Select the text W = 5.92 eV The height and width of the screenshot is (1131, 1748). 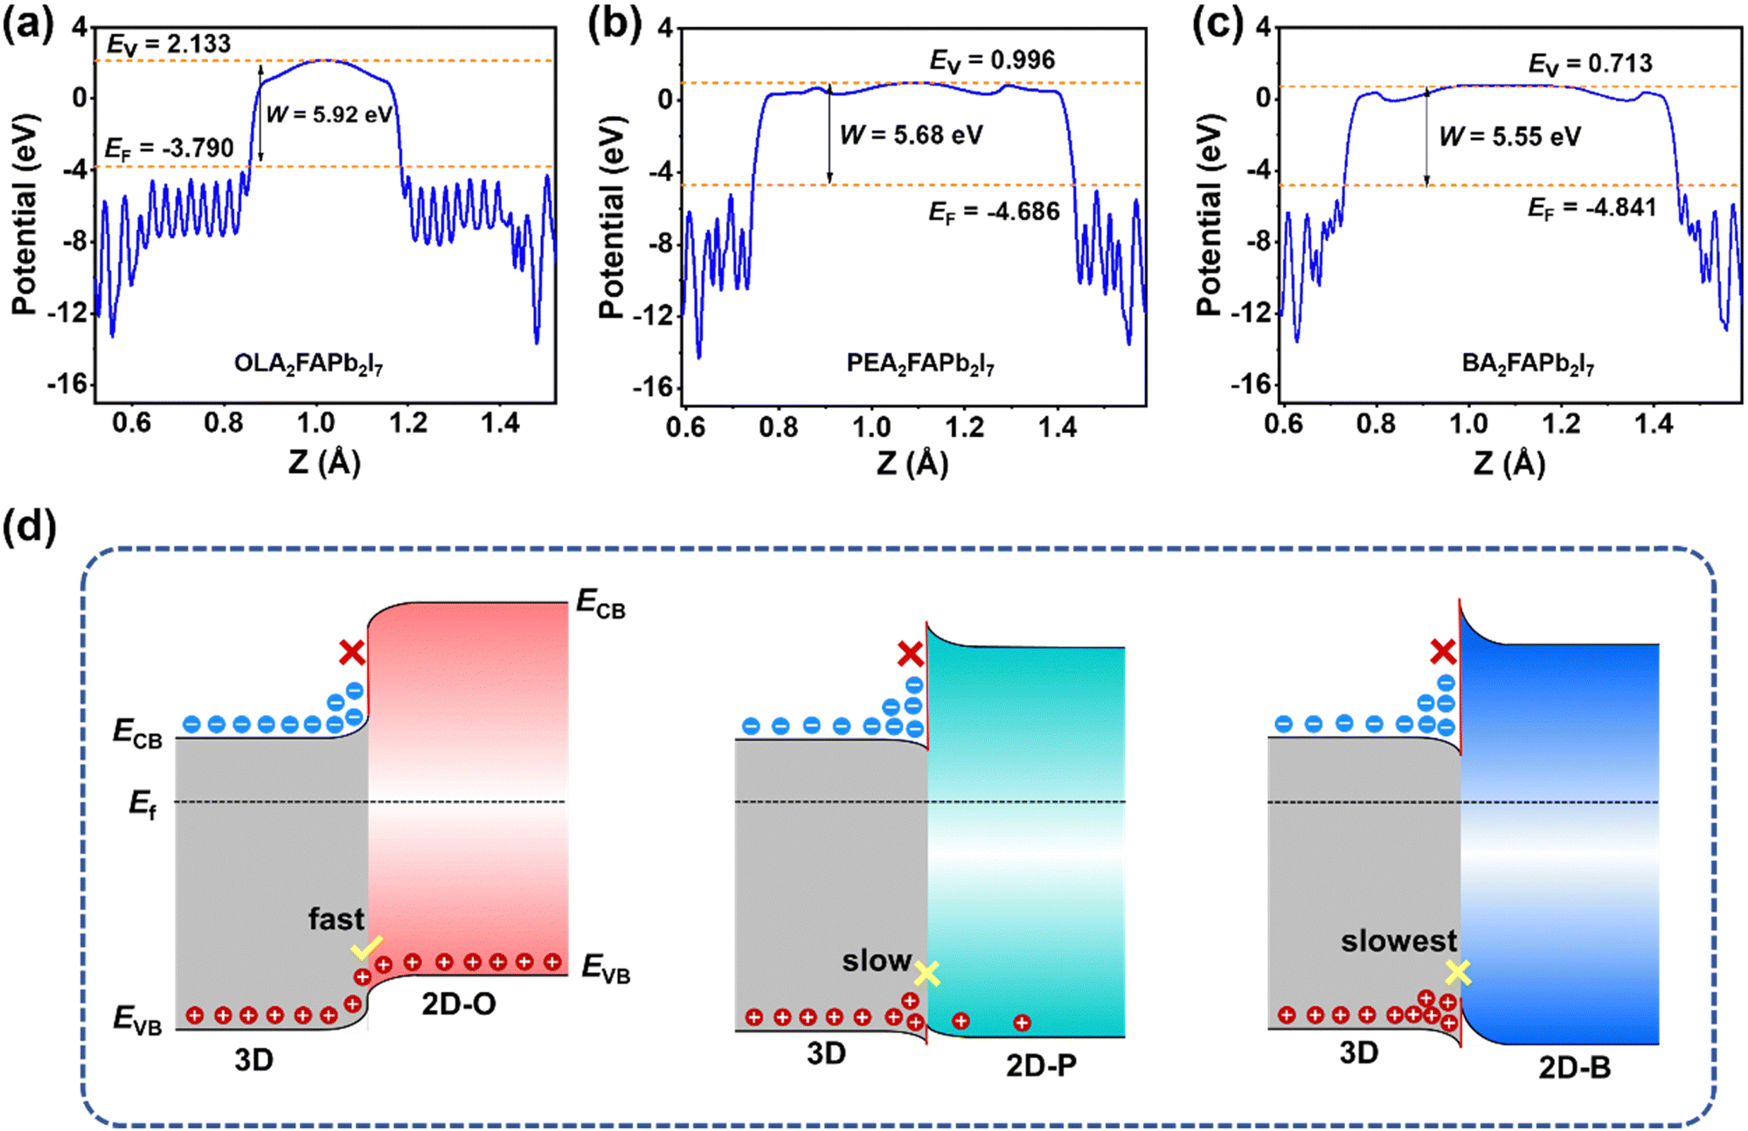click(330, 114)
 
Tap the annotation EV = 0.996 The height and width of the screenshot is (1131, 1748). click(992, 60)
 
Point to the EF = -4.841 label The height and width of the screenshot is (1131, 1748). click(1592, 208)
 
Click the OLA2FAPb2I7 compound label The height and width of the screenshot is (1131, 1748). click(309, 364)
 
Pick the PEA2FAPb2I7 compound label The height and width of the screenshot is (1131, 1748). click(920, 364)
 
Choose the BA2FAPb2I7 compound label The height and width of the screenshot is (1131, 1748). click(1529, 364)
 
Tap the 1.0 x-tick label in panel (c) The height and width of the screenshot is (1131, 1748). click(1468, 424)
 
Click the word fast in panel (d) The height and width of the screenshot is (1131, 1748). click(336, 919)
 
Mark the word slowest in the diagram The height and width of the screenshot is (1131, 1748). click(1398, 940)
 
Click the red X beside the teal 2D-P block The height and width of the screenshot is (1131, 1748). click(910, 654)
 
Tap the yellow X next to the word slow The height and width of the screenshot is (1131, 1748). click(927, 974)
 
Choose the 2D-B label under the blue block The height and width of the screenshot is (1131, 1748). click(1574, 1068)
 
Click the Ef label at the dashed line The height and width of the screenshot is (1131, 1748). click(142, 804)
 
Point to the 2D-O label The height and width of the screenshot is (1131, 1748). click(459, 1004)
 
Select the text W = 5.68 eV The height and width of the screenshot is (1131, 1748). click(912, 135)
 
